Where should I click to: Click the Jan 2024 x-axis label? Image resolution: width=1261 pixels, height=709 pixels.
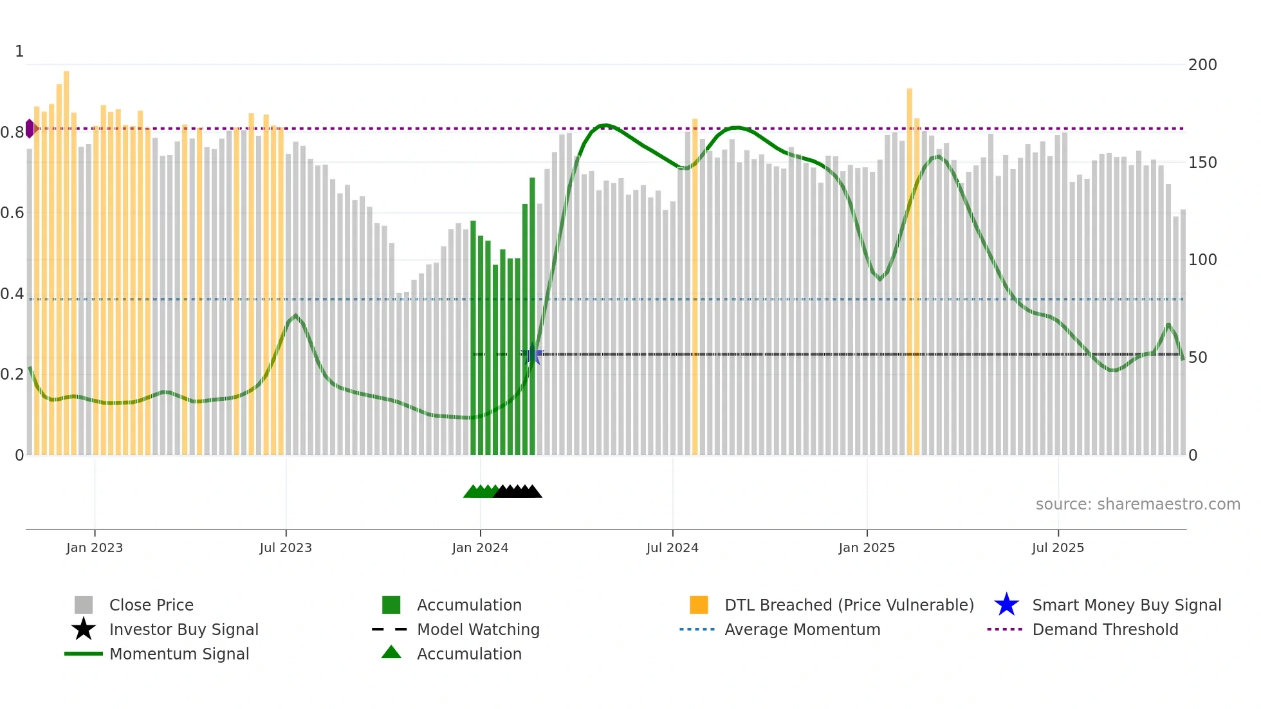tap(480, 548)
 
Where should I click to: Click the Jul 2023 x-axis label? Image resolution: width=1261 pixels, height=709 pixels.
tap(286, 548)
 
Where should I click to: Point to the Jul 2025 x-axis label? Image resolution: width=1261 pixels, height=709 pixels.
tap(1058, 548)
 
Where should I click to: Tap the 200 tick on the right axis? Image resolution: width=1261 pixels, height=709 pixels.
tap(1202, 65)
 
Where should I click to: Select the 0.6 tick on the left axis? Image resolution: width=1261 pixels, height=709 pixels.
tap(12, 213)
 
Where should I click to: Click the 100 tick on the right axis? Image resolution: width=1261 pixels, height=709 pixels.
tap(1202, 260)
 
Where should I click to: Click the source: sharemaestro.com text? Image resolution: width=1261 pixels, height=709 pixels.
tap(1137, 504)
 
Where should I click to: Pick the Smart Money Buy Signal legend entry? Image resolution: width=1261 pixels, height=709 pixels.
tap(1126, 605)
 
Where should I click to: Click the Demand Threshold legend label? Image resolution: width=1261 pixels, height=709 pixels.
tap(1105, 629)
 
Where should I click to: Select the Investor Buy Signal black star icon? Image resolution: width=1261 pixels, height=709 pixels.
tap(84, 629)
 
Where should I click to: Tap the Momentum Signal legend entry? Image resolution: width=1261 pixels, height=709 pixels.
tap(179, 654)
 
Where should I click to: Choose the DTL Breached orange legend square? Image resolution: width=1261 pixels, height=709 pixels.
tap(699, 605)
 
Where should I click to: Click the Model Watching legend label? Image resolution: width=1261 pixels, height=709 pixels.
tap(478, 629)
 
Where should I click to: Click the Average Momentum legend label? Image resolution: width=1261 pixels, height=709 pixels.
tap(802, 629)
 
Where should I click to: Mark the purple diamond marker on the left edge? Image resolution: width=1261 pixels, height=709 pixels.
tap(30, 129)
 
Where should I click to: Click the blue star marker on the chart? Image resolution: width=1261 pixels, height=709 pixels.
tap(532, 354)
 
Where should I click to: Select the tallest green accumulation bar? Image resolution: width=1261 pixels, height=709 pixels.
tap(532, 315)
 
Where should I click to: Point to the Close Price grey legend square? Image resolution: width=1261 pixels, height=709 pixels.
tap(84, 605)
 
